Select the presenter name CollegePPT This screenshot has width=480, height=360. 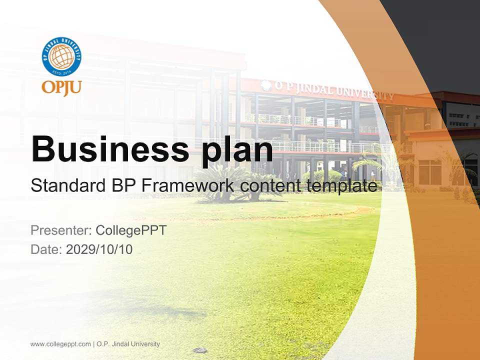pyautogui.click(x=131, y=230)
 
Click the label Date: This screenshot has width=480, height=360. pyautogui.click(x=46, y=249)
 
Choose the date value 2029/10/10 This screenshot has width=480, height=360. pyautogui.click(x=99, y=249)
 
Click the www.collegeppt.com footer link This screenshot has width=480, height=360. pyautogui.click(x=60, y=344)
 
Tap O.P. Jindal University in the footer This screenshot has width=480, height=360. pyautogui.click(x=128, y=344)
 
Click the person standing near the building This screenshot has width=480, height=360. pyautogui.click(x=372, y=175)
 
